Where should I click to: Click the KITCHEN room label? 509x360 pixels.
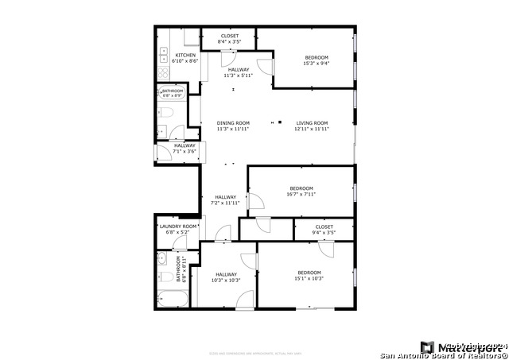[x=185, y=55]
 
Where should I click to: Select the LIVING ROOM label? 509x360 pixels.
[x=312, y=122]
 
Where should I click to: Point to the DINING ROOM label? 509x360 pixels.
[x=233, y=122]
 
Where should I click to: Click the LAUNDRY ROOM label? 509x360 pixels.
[x=177, y=226]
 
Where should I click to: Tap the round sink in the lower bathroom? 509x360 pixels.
[x=161, y=257]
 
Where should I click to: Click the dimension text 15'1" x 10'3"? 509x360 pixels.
[x=309, y=278]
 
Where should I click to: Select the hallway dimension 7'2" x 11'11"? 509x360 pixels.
[x=226, y=203]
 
